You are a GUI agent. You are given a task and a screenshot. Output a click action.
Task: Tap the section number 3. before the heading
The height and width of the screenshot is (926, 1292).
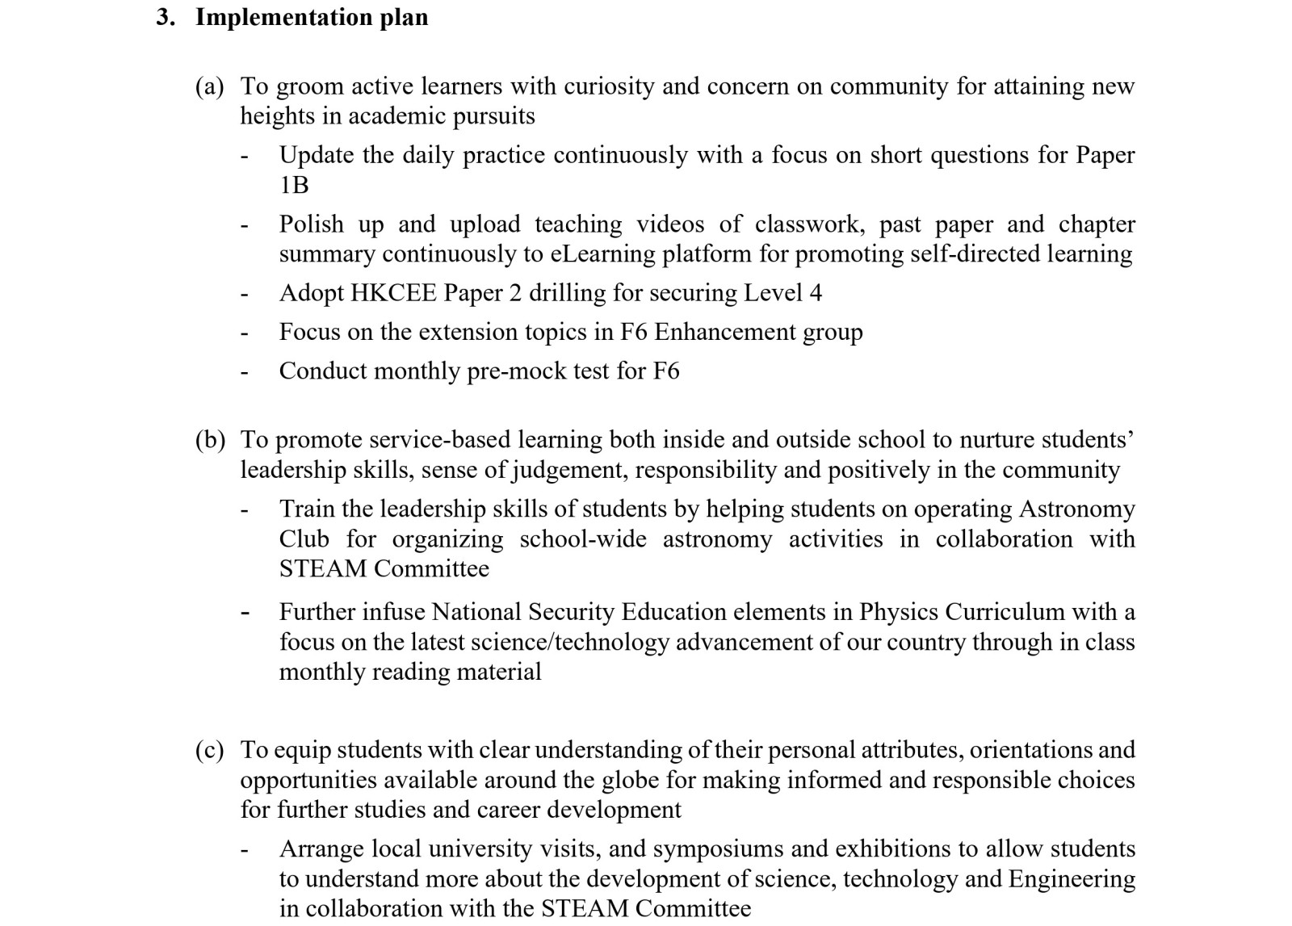coord(166,17)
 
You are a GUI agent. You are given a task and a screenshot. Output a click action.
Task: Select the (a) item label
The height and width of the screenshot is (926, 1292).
coord(209,86)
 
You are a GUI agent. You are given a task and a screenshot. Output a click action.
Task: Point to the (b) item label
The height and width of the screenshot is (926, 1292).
coord(210,440)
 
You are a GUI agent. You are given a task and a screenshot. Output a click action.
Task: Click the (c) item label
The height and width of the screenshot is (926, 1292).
coord(209,750)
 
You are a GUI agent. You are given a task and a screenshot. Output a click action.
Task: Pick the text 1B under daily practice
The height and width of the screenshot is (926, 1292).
coord(294,185)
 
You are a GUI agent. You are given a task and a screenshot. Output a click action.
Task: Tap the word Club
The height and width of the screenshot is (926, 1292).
coord(304,538)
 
